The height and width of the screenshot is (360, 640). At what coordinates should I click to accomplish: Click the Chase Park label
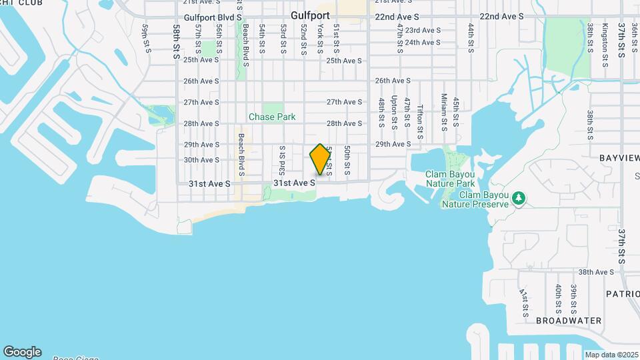(272, 117)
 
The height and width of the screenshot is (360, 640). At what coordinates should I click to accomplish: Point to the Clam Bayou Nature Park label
(450, 179)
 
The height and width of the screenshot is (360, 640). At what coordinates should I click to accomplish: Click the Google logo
(22, 351)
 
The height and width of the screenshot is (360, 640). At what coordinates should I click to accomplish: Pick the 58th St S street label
(177, 42)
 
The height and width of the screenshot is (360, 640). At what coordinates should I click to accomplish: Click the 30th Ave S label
(201, 160)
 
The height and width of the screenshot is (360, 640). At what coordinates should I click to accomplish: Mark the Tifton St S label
(420, 118)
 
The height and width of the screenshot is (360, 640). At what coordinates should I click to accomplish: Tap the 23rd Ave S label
(423, 30)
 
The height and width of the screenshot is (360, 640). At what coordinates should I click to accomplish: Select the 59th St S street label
(145, 37)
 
